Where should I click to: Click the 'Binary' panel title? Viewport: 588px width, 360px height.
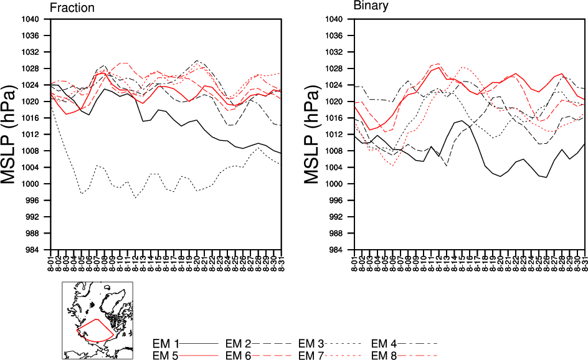pos(371,6)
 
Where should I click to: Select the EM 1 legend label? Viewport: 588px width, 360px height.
pos(166,343)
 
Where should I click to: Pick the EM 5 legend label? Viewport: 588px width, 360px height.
pos(166,355)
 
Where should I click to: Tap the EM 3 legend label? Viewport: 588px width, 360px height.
pos(311,343)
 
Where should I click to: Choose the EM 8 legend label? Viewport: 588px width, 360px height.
pos(384,355)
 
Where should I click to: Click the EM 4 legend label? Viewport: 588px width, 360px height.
pos(384,343)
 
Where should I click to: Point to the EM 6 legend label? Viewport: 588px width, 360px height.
pos(238,355)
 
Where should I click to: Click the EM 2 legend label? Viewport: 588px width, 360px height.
pos(238,343)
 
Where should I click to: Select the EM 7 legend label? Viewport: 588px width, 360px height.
pos(311,355)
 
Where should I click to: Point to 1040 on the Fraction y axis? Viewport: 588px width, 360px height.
pos(32,19)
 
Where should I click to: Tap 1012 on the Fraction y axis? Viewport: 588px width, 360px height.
pos(32,135)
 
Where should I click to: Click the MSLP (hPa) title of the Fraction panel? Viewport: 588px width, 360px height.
pos(14,133)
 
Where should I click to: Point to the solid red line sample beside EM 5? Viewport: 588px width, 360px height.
pos(199,355)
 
